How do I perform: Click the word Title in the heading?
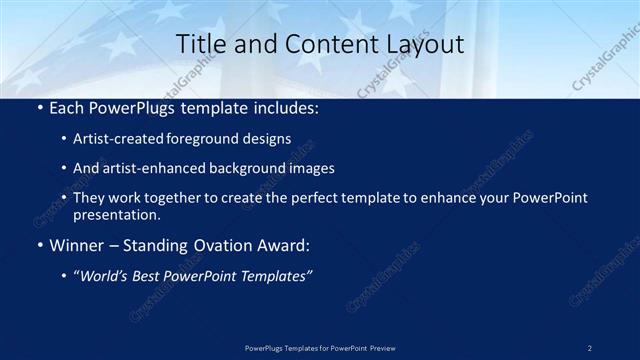point(199,44)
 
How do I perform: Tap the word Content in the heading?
point(321,44)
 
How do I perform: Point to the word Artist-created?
point(112,139)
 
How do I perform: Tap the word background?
point(251,169)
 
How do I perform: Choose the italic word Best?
point(146,276)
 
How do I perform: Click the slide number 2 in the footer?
point(590,348)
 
